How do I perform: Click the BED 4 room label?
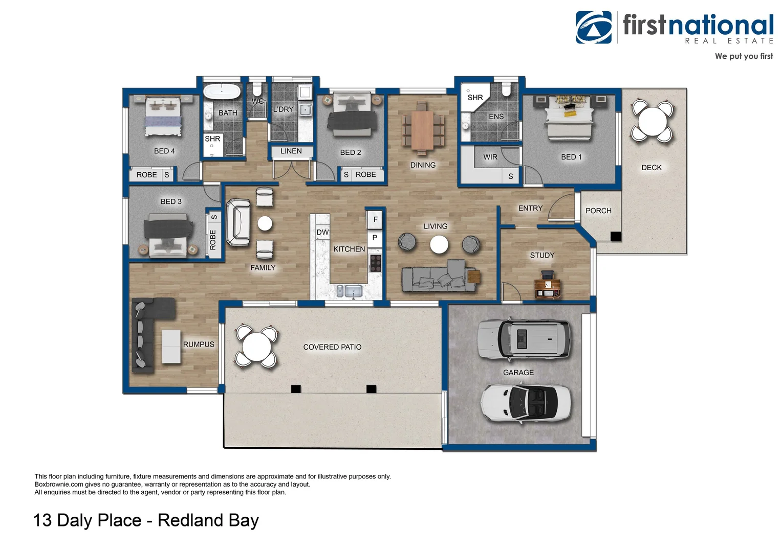pos(164,151)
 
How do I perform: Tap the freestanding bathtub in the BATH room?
pos(222,92)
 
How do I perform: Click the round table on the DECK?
pos(652,121)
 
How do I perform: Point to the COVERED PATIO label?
pos(332,347)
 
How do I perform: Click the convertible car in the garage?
pos(526,403)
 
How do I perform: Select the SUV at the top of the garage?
pos(524,338)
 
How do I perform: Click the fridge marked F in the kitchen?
pos(375,219)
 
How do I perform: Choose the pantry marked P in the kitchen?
pos(375,238)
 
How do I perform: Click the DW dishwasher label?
pos(322,233)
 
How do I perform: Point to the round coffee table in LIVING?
pos(439,244)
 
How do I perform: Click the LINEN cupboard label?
pos(291,151)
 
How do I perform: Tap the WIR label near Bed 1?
pos(490,157)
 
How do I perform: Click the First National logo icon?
pos(594,28)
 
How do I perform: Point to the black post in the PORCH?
pos(616,236)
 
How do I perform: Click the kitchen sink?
pos(353,291)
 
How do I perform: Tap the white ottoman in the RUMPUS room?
pos(171,347)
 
